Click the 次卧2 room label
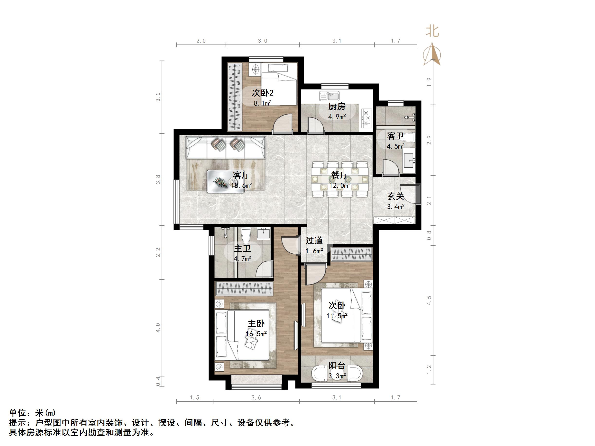click(263, 93)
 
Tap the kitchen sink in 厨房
click(330, 96)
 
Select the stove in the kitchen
click(366, 118)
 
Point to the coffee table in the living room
click(226, 182)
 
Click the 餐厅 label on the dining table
click(339, 175)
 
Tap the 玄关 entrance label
click(395, 196)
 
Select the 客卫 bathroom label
click(395, 136)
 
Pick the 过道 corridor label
click(314, 241)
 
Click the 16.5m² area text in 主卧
click(256, 334)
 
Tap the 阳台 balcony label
click(337, 366)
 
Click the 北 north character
click(432, 31)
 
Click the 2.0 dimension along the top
click(201, 41)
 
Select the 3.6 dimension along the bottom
click(256, 398)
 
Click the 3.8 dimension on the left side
click(158, 179)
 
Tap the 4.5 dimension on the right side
click(429, 300)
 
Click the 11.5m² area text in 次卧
click(337, 316)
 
